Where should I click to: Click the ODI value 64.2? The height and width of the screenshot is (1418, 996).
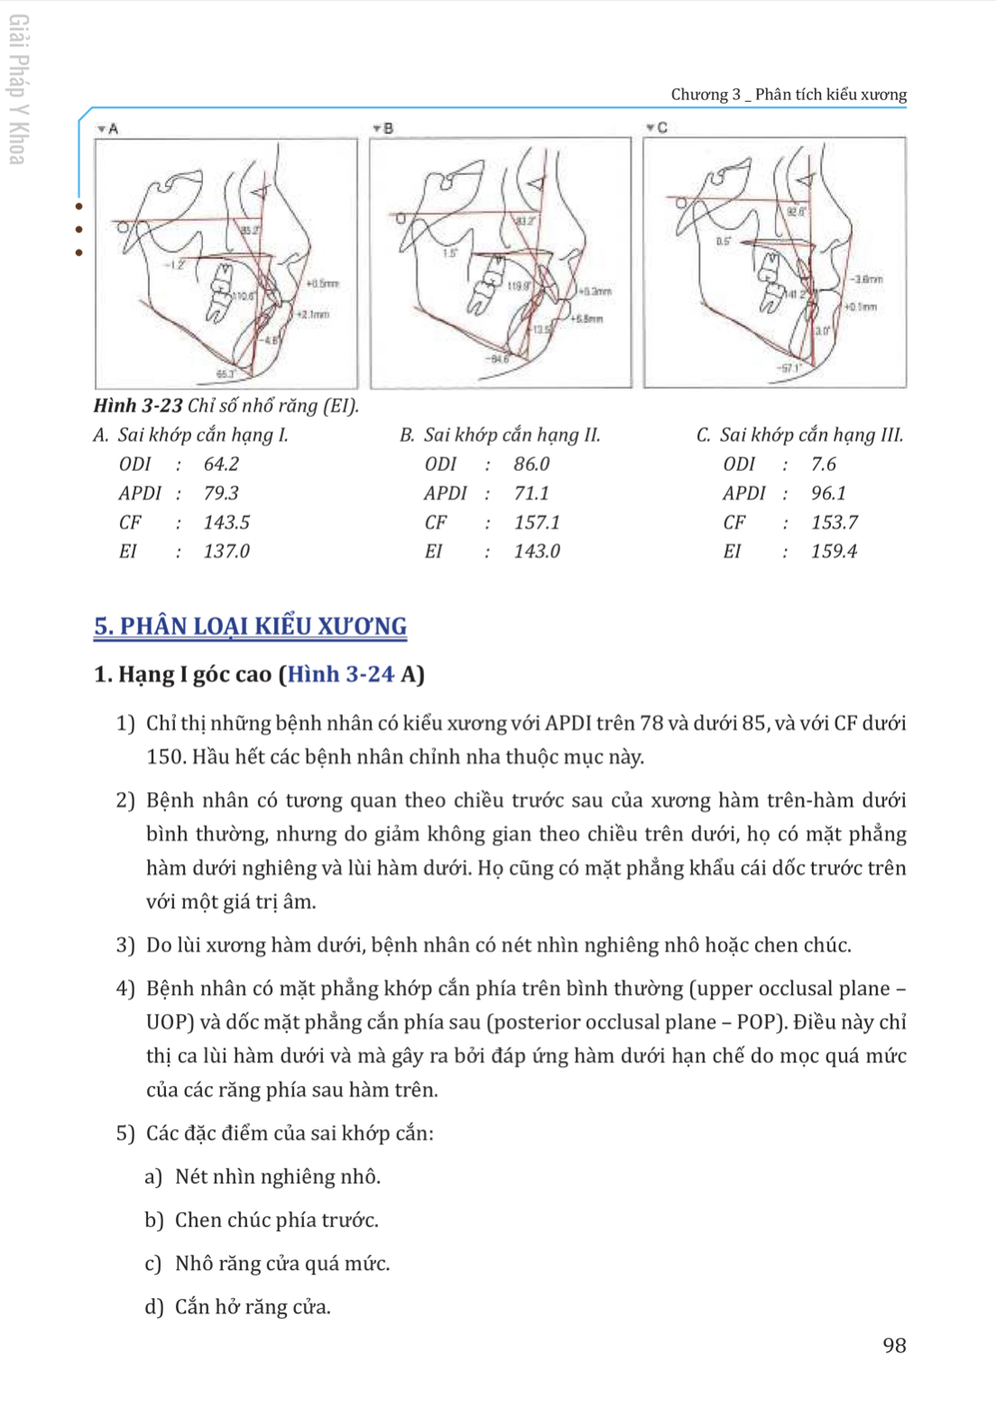click(x=221, y=464)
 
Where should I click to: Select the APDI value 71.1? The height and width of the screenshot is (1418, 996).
click(x=531, y=493)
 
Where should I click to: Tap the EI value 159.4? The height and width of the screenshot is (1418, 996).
click(x=834, y=551)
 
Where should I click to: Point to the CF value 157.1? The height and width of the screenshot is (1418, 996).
click(x=537, y=522)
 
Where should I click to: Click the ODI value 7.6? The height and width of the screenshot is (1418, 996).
click(x=824, y=464)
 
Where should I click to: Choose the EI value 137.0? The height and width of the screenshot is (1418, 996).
click(x=226, y=551)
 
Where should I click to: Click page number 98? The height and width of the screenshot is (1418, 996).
click(x=894, y=1345)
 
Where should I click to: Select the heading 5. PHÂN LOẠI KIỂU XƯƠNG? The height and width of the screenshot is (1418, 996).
click(x=251, y=626)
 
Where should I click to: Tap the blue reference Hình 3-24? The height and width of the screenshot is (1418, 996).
click(x=341, y=675)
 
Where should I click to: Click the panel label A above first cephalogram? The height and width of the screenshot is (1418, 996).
click(x=113, y=129)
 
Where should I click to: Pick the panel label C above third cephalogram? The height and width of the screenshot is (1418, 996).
click(x=662, y=128)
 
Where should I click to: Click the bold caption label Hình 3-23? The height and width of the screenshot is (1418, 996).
click(x=138, y=406)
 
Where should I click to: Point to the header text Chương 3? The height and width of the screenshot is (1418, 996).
click(x=705, y=95)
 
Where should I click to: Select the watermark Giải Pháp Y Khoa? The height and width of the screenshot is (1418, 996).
click(x=18, y=89)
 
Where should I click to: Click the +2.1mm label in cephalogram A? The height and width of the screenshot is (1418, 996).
click(x=313, y=315)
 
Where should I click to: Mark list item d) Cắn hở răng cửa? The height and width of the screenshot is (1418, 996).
click(x=238, y=1307)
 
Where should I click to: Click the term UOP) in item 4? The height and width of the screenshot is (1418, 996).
click(x=171, y=1022)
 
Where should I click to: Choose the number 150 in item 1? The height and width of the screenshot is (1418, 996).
click(x=165, y=757)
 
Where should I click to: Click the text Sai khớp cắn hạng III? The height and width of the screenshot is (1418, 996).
click(x=811, y=435)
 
